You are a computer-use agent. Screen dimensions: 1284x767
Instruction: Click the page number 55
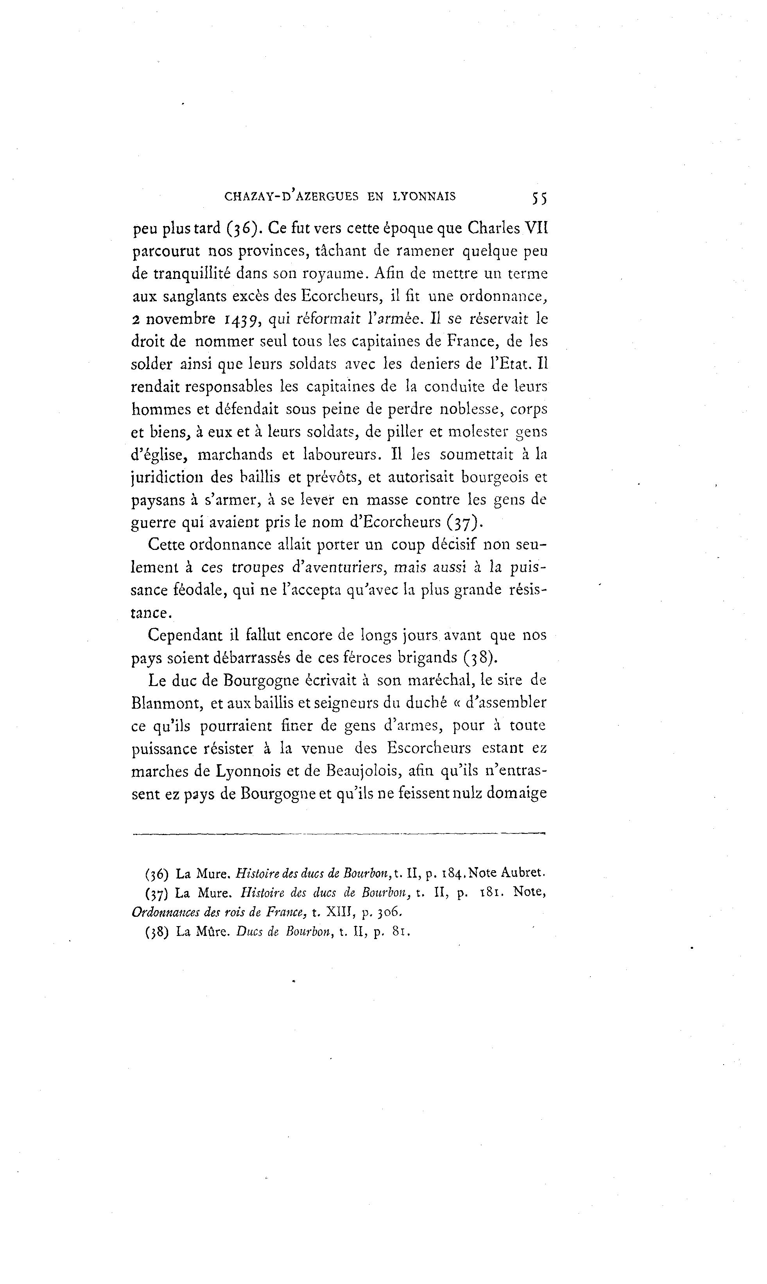click(538, 198)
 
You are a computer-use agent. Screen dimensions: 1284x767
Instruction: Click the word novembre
click(180, 319)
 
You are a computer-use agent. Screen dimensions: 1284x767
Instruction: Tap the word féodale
click(198, 590)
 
